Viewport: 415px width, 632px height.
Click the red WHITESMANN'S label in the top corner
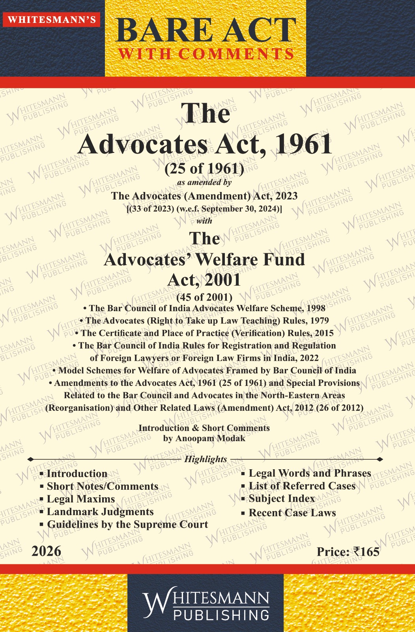coord(52,20)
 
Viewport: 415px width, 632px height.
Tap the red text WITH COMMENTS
coord(206,54)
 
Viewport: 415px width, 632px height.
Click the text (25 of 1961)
coord(204,169)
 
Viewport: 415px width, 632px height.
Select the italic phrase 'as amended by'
coord(204,182)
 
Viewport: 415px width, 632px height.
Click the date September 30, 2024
coord(245,209)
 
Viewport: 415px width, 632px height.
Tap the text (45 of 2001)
coord(204,297)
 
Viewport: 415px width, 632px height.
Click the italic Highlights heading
coord(206,459)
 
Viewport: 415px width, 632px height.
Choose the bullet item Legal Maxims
coord(81,499)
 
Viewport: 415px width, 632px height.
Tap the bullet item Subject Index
coord(282,498)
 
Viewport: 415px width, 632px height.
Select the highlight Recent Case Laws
coord(292,513)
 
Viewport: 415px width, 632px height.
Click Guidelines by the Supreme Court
coord(127,524)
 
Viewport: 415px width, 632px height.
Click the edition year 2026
coord(47,551)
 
